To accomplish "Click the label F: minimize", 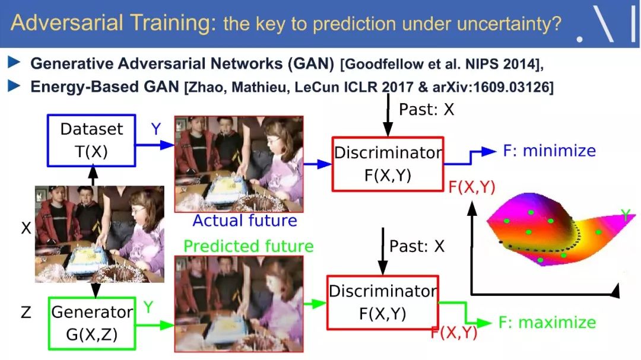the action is (549, 151).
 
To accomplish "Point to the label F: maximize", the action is (547, 323).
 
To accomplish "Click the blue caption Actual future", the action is (245, 221).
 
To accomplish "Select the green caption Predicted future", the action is (249, 246).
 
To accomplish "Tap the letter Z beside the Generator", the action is (26, 313).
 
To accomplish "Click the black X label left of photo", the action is (26, 228).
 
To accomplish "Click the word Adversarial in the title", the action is (66, 23).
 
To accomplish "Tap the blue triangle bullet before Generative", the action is (14, 62).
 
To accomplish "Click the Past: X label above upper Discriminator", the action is (426, 110).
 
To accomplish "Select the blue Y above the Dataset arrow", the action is (156, 129).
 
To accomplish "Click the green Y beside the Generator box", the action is (148, 307).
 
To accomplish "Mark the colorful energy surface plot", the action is (560, 229).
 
